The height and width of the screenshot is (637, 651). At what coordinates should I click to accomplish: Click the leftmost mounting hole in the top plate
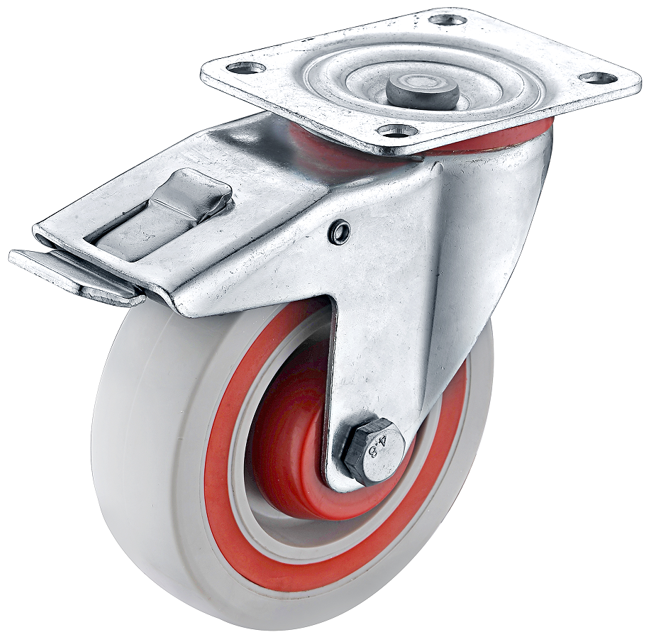click(247, 67)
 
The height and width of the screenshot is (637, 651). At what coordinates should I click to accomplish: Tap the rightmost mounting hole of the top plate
click(596, 77)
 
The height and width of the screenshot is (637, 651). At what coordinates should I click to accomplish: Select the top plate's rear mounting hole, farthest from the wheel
click(448, 18)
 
